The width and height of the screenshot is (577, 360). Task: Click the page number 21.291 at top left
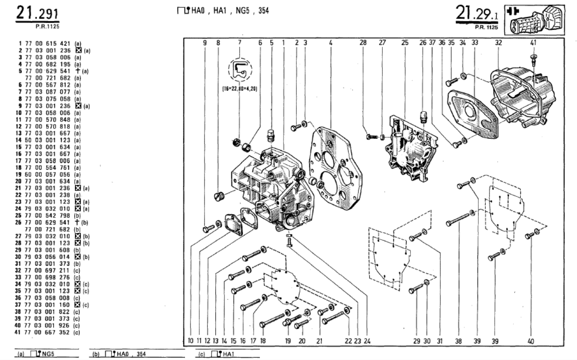[x=37, y=14]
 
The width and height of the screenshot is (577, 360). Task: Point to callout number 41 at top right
[x=533, y=43]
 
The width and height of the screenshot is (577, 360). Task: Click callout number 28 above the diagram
[x=363, y=43]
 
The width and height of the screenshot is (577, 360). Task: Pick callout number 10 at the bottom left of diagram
[x=190, y=340]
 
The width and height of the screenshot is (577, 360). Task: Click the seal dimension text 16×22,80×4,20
[x=239, y=89]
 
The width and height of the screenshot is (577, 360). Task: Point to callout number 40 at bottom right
[x=531, y=341]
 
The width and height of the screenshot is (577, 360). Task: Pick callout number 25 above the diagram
[x=405, y=43]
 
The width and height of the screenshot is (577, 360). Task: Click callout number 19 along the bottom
[x=288, y=340]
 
